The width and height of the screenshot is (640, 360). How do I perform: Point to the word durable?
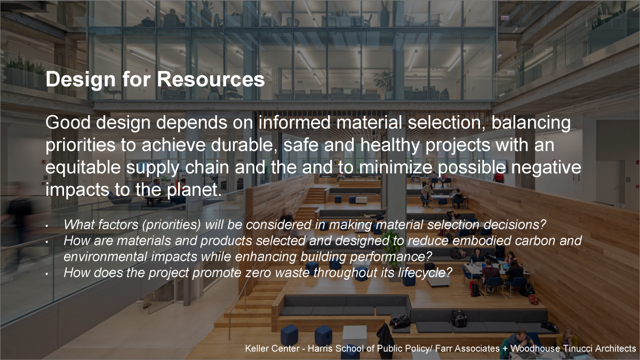click(x=244, y=145)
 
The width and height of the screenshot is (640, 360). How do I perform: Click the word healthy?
click(x=390, y=146)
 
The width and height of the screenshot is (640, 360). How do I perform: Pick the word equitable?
click(x=83, y=168)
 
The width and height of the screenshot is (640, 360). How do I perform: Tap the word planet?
click(x=194, y=190)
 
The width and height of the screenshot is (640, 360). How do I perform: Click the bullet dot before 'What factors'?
click(x=47, y=226)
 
